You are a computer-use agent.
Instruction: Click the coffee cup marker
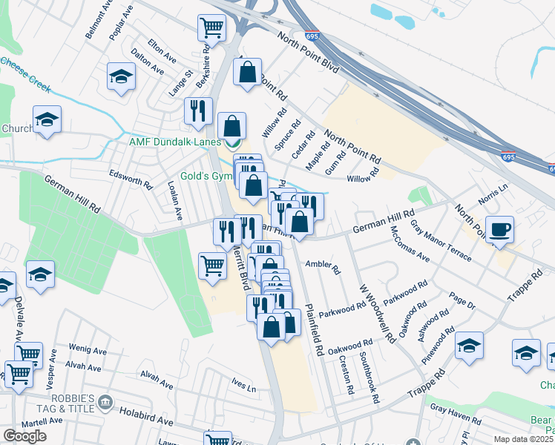(x=500, y=228)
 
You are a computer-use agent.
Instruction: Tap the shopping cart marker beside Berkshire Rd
(x=211, y=29)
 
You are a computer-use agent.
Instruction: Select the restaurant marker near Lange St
(x=198, y=111)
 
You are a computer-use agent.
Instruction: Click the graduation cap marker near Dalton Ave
(x=121, y=76)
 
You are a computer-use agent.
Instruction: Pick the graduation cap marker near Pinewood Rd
(x=469, y=346)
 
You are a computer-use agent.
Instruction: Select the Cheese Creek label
(x=26, y=75)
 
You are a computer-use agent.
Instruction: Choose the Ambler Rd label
(x=322, y=264)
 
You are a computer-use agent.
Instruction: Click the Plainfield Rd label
(x=313, y=329)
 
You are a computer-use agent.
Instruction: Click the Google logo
(x=24, y=436)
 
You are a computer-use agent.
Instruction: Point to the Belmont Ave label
(x=97, y=24)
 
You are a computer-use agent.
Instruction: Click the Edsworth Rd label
(x=130, y=182)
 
